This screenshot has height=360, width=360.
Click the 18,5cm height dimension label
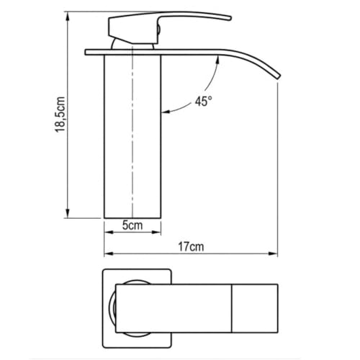pyautogui.click(x=60, y=114)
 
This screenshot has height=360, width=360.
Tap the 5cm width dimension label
pyautogui.click(x=132, y=225)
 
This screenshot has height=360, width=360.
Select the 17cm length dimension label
pyautogui.click(x=191, y=247)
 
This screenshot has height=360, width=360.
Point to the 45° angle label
pyautogui.click(x=204, y=101)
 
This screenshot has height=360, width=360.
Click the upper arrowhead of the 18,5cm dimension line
pyautogui.click(x=68, y=16)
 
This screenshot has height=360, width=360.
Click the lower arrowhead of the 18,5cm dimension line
pyautogui.click(x=68, y=213)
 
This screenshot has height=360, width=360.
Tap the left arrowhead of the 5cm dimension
pyautogui.click(x=109, y=232)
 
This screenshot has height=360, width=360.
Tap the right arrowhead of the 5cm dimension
pyautogui.click(x=156, y=232)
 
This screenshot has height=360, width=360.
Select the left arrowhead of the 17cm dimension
pyautogui.click(x=109, y=253)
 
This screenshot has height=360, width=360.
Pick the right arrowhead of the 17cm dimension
pyautogui.click(x=273, y=253)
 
